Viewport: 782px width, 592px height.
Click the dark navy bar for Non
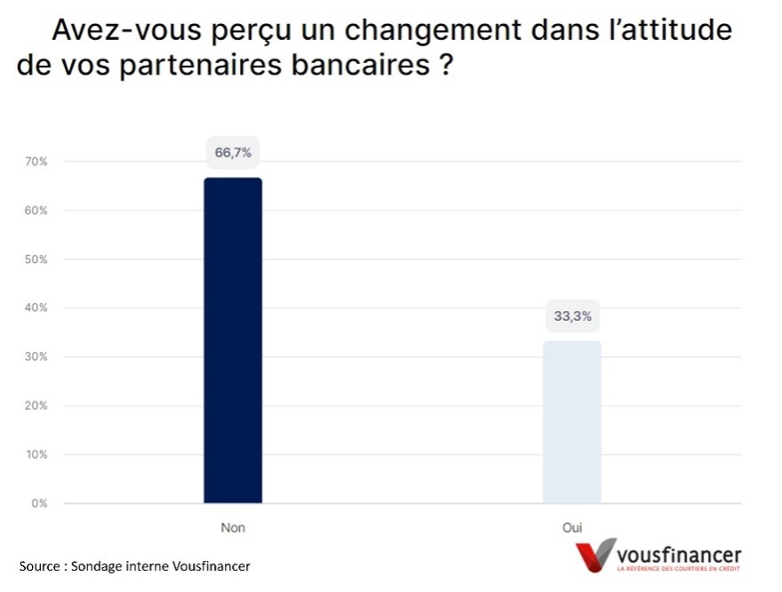click(x=233, y=340)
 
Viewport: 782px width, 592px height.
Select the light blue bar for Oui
click(x=571, y=422)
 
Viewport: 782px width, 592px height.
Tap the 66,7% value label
click(x=233, y=153)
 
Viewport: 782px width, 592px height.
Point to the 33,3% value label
click(x=571, y=316)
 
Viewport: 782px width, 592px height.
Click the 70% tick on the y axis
click(x=36, y=162)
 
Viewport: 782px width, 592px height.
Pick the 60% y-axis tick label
click(x=36, y=211)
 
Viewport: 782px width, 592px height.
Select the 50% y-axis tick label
click(x=36, y=260)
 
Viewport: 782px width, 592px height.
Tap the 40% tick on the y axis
click(x=36, y=308)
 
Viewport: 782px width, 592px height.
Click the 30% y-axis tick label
click(x=36, y=357)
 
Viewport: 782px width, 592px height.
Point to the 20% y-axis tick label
click(x=36, y=406)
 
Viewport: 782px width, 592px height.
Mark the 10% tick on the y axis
click(x=36, y=455)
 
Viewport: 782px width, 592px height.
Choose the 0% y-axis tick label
click(x=39, y=504)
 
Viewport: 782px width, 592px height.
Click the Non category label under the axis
click(x=233, y=527)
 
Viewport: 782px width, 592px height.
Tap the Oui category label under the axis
click(x=571, y=527)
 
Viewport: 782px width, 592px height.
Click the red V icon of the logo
click(x=594, y=555)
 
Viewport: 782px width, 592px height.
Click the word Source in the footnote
click(x=39, y=566)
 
